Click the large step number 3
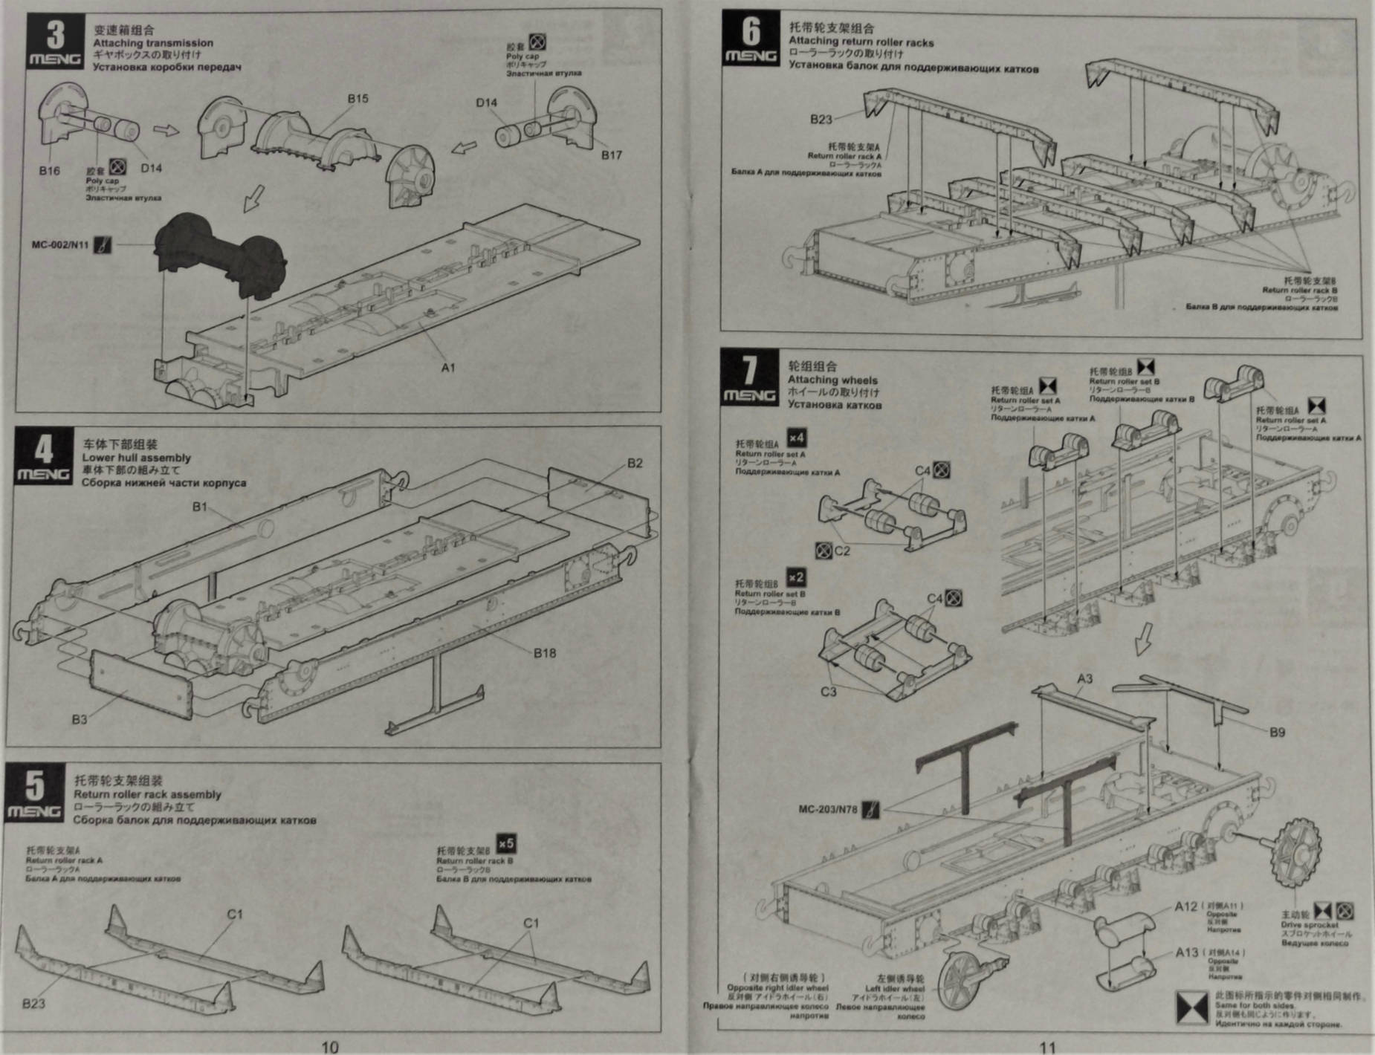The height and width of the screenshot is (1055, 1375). [x=56, y=34]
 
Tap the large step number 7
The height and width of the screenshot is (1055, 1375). [x=750, y=370]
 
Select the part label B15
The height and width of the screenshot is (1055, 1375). [x=357, y=99]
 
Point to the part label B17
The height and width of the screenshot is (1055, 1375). [x=611, y=155]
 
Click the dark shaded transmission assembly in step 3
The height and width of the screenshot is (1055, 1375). [x=221, y=253]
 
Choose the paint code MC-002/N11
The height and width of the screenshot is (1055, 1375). [x=60, y=244]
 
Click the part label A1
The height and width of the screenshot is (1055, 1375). [x=448, y=367]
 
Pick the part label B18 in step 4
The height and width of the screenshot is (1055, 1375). [x=544, y=653]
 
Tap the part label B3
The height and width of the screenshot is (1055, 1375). [x=80, y=719]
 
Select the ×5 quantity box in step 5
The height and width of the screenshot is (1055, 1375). [x=505, y=844]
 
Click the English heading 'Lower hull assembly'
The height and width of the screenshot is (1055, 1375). [x=136, y=458]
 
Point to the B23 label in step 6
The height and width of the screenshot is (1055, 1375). [x=821, y=119]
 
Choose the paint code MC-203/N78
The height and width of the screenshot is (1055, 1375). [x=828, y=809]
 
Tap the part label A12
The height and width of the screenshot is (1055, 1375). [x=1186, y=906]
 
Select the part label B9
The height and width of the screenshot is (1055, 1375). [x=1277, y=732]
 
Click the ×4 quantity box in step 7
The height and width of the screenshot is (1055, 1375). [x=796, y=438]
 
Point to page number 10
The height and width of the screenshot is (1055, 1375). [x=329, y=1047]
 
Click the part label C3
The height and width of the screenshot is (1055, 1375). [x=828, y=692]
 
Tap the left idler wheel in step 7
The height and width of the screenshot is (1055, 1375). [x=964, y=979]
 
